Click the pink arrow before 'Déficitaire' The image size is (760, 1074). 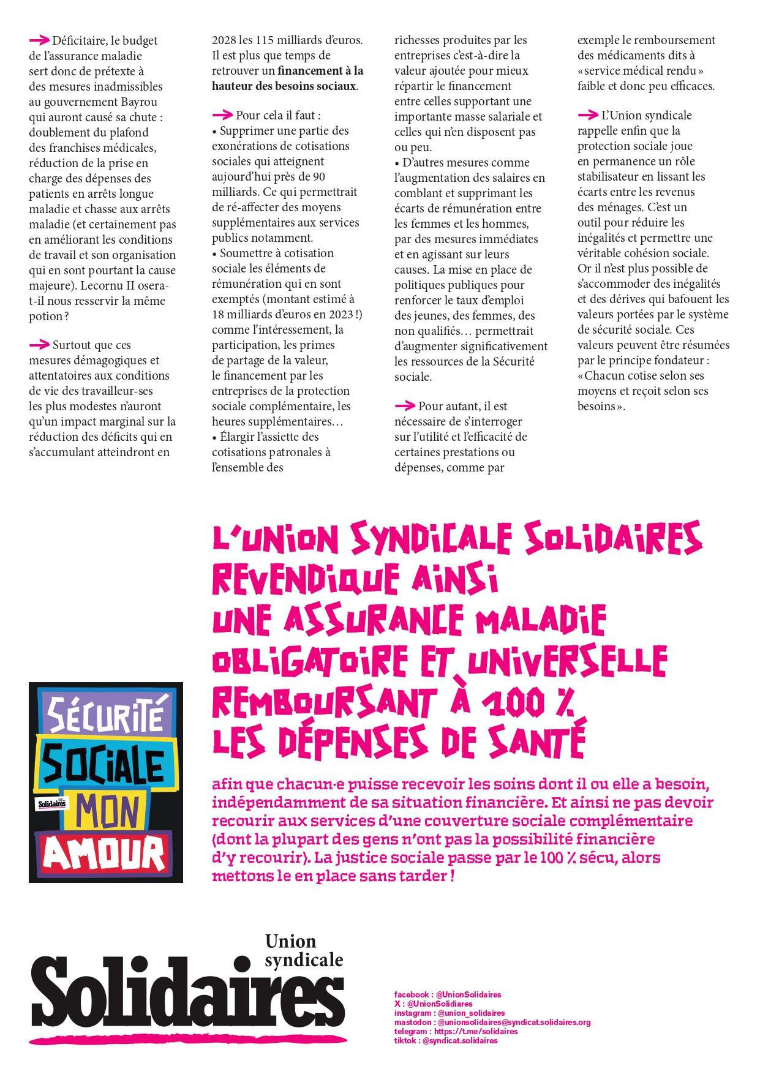click(39, 40)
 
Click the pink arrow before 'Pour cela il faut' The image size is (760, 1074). click(222, 115)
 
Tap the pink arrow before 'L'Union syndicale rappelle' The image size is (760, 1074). click(588, 115)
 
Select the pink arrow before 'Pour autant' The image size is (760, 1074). click(405, 406)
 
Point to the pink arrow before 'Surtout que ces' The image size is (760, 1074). click(39, 345)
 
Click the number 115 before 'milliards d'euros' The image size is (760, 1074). click(265, 40)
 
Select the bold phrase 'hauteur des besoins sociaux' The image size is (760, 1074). click(284, 86)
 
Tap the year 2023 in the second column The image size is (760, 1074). click(340, 315)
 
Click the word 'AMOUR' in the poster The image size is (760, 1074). click(105, 853)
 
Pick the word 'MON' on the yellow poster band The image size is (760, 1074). click(108, 811)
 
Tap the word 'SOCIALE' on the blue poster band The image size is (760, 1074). click(103, 765)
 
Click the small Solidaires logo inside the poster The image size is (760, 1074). click(52, 803)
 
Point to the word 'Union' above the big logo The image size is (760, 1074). click(290, 941)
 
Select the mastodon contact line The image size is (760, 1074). click(492, 1022)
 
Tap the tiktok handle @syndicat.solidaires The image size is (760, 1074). click(460, 1040)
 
